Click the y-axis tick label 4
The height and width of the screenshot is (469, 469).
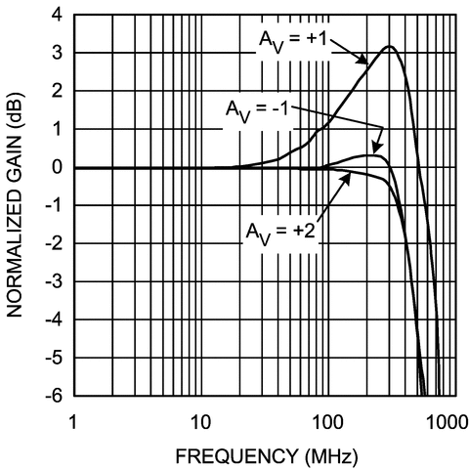coord(58,16)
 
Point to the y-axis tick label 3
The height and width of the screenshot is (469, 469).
coord(58,54)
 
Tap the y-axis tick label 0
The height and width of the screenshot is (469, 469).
coord(58,168)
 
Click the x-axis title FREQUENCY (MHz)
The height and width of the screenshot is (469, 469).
coord(263,454)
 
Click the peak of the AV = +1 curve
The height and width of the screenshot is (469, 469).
coord(389,47)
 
